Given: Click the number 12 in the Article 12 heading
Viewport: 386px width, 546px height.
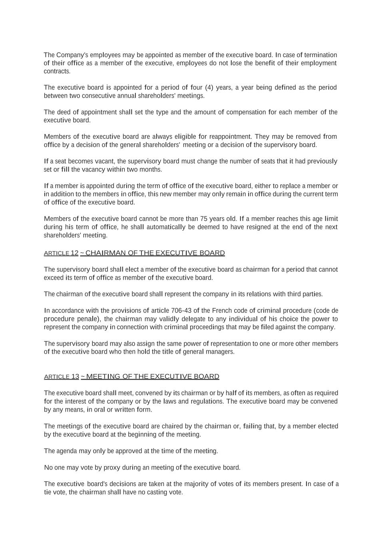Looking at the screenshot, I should click(x=74, y=253).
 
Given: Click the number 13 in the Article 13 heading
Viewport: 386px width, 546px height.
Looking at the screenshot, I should click(x=75, y=376).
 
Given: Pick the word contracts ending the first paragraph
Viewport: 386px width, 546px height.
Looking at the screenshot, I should click(x=57, y=71).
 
